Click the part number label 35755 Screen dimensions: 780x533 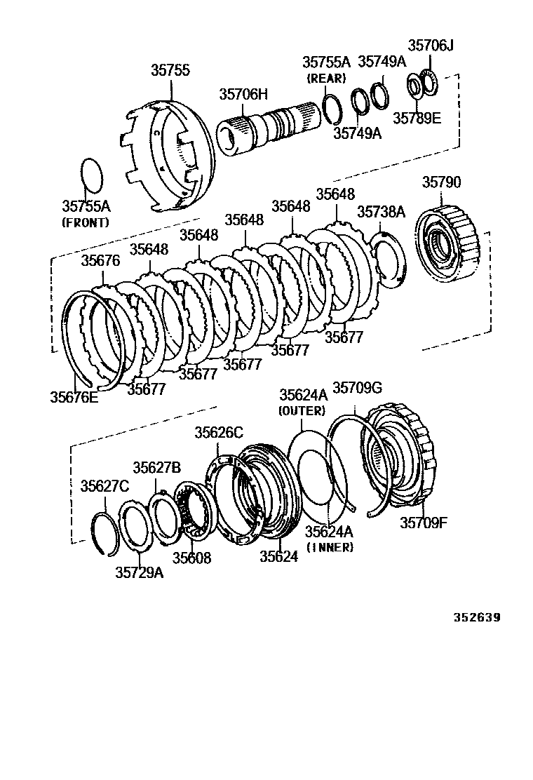170,70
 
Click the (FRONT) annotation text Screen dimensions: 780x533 85,222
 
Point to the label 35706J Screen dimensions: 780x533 431,46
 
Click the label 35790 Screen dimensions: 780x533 441,182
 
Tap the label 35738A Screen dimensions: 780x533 381,212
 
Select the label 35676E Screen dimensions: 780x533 74,396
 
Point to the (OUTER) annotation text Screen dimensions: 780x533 302,411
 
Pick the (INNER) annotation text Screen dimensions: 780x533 330,547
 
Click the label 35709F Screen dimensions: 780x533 423,522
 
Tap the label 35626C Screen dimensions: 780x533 219,433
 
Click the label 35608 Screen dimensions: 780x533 192,558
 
